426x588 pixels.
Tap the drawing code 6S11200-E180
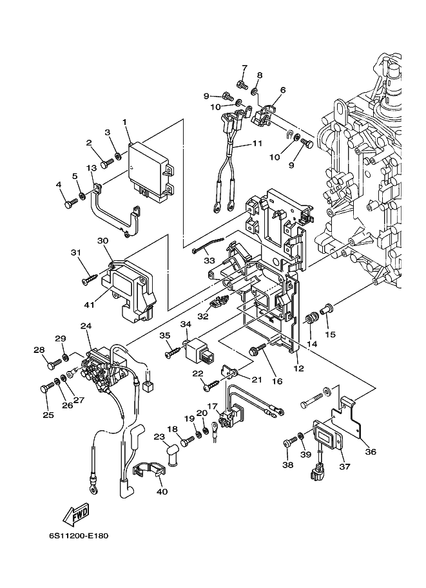pos(78,535)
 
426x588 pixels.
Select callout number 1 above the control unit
pos(124,122)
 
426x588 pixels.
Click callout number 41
pos(89,305)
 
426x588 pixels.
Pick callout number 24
pos(86,327)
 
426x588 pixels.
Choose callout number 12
pos(298,368)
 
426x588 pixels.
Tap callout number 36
pos(371,452)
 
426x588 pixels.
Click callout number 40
pos(163,491)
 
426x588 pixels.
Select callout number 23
pos(160,437)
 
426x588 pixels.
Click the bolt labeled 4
pos(71,204)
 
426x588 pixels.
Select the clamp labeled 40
pos(150,471)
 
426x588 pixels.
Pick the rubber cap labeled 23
pos(172,455)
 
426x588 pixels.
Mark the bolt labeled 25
pos(47,388)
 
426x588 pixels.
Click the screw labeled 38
pos(290,441)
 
